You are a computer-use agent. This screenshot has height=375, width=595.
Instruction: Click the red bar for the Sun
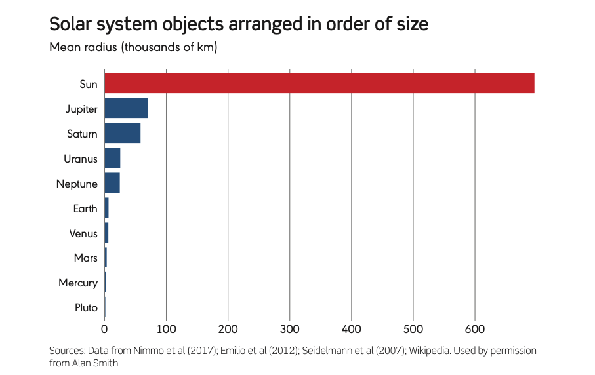319,83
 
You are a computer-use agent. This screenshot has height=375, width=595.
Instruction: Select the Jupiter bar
126,108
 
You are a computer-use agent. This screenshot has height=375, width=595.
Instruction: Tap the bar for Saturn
123,133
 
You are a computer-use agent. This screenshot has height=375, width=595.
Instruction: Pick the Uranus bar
112,158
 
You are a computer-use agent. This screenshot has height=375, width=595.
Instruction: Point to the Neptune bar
112,183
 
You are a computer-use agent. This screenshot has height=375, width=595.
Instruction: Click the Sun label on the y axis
89,84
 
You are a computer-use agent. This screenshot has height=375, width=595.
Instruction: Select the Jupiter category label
81,109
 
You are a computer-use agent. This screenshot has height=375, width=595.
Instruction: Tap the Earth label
85,208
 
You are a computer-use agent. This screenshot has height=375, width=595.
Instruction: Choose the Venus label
83,233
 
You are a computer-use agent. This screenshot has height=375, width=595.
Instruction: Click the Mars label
86,258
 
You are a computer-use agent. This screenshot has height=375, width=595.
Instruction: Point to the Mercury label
78,283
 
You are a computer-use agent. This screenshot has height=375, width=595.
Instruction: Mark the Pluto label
87,308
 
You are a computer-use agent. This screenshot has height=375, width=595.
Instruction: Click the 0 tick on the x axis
104,328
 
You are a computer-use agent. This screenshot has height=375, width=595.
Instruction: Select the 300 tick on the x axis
289,328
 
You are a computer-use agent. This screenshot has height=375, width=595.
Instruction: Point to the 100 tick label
166,328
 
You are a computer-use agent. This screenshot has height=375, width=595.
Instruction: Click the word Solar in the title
71,25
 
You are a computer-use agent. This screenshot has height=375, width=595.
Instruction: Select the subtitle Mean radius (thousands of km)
133,48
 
